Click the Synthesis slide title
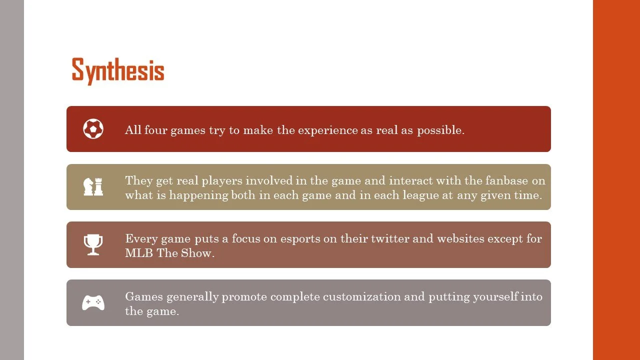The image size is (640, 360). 118,70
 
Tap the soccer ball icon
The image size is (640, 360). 93,129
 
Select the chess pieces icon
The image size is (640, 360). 93,186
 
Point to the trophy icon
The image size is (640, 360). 93,244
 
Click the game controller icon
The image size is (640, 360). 93,302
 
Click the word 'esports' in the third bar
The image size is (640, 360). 299,238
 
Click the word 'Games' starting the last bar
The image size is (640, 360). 144,296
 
